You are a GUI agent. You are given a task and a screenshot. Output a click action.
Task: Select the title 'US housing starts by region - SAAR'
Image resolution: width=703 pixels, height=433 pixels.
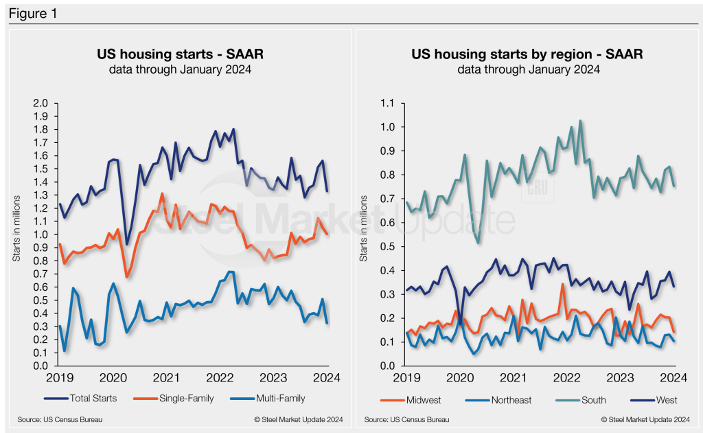[527, 54]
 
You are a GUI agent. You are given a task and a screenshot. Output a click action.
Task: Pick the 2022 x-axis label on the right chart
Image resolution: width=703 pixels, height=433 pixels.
[567, 377]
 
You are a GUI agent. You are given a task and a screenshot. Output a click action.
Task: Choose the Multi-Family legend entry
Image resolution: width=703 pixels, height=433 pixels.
[271, 398]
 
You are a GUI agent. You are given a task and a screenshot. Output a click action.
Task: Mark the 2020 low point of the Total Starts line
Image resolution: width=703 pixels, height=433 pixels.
[126, 244]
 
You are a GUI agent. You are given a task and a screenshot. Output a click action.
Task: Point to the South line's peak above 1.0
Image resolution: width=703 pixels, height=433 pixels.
[580, 121]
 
